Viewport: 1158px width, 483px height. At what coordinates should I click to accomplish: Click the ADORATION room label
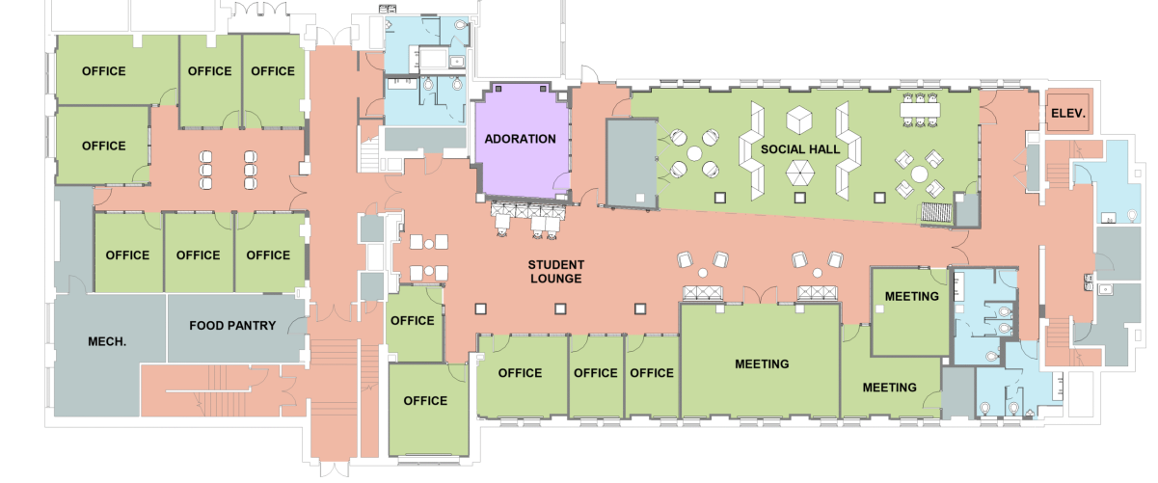(520, 139)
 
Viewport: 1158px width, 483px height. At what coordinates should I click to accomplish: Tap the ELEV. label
(1068, 113)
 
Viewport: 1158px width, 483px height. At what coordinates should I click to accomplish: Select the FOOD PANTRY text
(232, 325)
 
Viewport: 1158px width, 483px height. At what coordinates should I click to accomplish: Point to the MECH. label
(107, 341)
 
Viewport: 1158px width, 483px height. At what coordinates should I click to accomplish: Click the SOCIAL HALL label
(800, 149)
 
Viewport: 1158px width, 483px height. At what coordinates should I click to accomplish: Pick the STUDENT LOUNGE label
(556, 272)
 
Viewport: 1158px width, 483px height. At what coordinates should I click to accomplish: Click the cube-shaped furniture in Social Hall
(799, 120)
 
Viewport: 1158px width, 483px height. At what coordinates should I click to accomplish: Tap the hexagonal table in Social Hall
(799, 173)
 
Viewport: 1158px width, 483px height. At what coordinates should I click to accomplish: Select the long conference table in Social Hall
(920, 110)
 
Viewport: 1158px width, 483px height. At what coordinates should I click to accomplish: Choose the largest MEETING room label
(762, 364)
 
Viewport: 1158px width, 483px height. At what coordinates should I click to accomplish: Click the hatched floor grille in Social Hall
(936, 212)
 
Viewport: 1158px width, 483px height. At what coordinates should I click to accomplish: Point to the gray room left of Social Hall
(632, 164)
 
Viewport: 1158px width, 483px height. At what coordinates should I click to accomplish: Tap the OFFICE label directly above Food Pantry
(268, 255)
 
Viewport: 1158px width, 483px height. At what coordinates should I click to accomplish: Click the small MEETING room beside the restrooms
(910, 311)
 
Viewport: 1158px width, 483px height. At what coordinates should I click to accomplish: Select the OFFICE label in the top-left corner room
(103, 70)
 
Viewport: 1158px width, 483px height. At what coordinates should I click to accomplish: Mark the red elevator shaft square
(1069, 112)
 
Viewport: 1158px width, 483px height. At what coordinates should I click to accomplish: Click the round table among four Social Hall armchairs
(919, 174)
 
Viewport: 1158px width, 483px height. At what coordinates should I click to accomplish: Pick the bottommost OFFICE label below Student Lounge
(425, 401)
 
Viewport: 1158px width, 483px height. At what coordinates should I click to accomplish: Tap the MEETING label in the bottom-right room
(890, 388)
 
